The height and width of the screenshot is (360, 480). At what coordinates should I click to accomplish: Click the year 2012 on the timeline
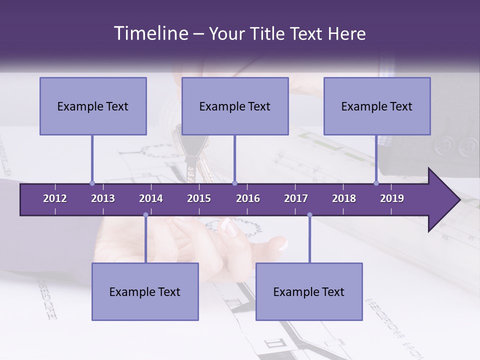coord(55,198)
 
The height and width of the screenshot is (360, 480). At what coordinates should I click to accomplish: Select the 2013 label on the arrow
coord(103,198)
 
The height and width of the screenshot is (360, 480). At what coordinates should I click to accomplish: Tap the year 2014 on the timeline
coord(151,198)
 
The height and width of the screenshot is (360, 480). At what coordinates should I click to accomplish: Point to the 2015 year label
coord(199,198)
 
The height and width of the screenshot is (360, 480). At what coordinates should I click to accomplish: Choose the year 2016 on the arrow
coord(248,198)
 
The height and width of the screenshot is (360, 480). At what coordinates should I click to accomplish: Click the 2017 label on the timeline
coord(296,198)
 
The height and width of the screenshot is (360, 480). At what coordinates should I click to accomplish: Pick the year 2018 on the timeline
coord(344,198)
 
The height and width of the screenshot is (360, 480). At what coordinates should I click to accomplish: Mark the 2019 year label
coord(392,198)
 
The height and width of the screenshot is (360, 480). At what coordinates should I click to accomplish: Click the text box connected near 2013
coord(93,106)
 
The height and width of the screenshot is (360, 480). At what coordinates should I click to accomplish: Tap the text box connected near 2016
coord(235,106)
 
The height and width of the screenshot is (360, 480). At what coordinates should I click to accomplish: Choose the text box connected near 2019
coord(377,106)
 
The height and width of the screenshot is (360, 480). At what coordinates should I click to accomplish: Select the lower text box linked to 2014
coord(145,291)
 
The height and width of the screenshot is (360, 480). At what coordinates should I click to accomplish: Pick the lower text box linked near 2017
coord(309,291)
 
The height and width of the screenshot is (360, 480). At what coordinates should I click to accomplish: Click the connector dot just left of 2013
coord(92,183)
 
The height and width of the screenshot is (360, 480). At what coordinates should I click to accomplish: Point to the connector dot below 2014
coord(145,215)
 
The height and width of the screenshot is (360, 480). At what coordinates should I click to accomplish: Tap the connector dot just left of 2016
coord(234,183)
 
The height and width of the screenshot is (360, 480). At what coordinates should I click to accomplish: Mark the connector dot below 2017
coord(309,215)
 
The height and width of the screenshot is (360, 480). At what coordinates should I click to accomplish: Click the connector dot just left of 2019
coord(376,183)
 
